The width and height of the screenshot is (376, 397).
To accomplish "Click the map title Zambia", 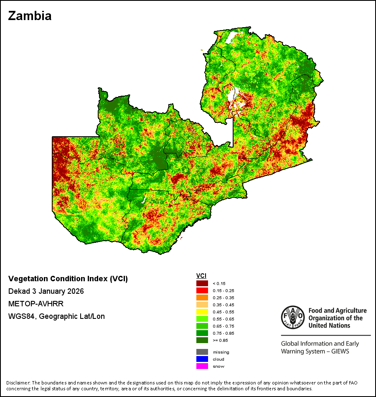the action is [x=30, y=16].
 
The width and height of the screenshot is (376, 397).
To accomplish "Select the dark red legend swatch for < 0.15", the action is [x=202, y=283].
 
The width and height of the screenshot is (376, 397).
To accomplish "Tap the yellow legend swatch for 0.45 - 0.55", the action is [x=202, y=312].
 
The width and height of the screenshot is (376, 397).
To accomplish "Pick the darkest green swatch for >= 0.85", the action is [x=202, y=340].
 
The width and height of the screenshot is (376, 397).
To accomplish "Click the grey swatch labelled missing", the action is [x=202, y=352].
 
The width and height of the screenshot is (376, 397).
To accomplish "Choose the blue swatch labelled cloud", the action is [x=202, y=359].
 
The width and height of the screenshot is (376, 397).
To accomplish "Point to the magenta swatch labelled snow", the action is [x=202, y=366].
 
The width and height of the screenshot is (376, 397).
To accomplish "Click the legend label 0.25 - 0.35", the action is [x=224, y=298].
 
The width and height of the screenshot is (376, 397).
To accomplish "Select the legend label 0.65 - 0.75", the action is [x=224, y=326].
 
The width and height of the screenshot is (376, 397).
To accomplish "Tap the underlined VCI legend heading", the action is [x=201, y=276].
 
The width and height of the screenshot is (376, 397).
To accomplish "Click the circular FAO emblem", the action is [x=293, y=317].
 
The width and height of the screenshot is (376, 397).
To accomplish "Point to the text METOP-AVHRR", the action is [x=36, y=303].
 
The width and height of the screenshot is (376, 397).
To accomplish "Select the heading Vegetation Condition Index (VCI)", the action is [x=68, y=279].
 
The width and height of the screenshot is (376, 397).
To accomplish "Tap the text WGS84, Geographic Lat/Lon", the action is [x=56, y=316].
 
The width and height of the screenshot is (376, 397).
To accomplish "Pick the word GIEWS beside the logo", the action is [x=340, y=351].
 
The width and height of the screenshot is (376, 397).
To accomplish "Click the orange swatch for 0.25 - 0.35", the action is [x=202, y=298].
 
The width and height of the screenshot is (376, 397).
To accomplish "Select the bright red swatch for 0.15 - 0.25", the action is [x=202, y=290].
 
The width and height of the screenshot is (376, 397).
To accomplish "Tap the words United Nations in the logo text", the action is [x=329, y=326].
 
